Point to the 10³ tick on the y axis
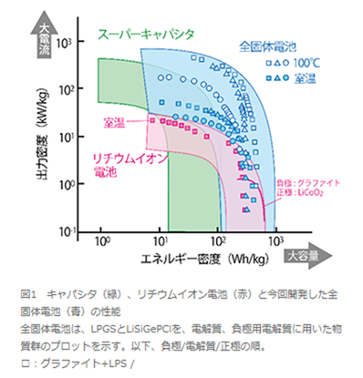pos(63,42)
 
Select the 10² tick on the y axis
pos(63,89)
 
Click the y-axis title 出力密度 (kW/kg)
pos(40,137)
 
